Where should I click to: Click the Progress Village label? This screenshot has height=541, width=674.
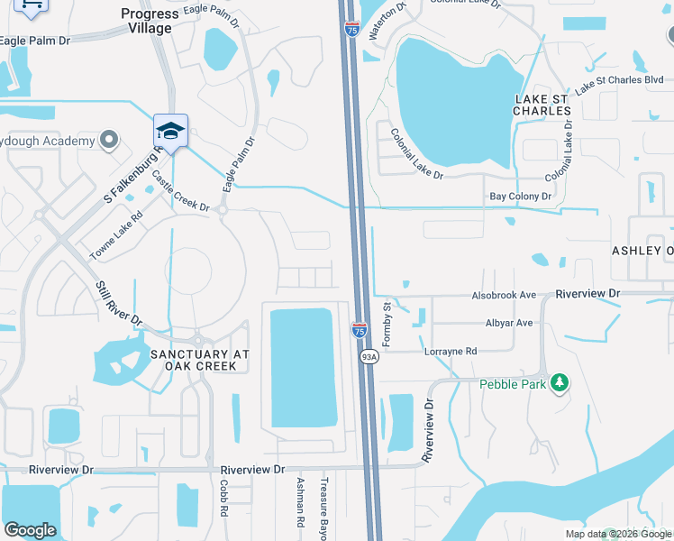150,21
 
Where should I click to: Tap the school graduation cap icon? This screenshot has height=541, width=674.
170,130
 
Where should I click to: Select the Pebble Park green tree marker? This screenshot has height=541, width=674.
560,383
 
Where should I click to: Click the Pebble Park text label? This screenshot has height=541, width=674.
513,383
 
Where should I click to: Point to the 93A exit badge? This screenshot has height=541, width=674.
369,357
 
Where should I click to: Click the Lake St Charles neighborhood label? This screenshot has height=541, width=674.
542,104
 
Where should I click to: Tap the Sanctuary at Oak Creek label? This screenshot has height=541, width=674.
198,360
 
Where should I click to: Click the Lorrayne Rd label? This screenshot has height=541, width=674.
451,352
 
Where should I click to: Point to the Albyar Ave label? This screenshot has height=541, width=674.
510,323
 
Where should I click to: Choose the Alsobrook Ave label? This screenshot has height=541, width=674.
505,295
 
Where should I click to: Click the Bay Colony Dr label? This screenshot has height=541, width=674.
520,196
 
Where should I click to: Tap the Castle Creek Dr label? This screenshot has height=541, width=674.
180,191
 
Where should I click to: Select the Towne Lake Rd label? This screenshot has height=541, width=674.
116,236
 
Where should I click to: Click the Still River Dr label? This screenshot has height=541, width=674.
119,303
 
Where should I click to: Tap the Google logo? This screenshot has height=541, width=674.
30,530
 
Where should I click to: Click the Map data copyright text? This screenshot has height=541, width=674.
618,533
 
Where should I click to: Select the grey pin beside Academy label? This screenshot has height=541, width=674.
109,141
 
